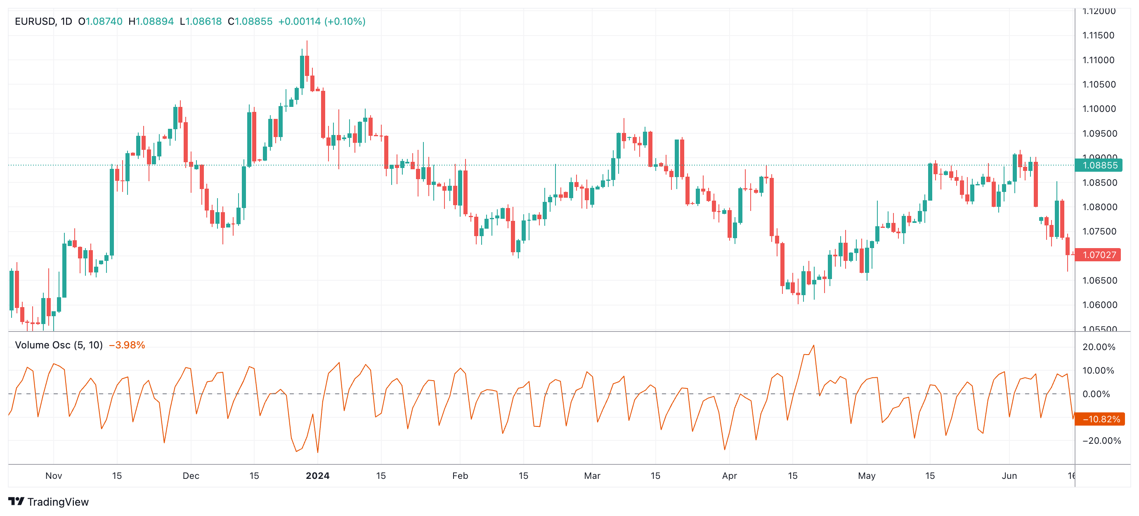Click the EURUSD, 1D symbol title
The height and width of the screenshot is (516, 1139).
43,21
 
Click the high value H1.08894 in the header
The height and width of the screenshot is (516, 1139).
151,21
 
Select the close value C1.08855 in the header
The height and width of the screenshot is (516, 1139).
250,21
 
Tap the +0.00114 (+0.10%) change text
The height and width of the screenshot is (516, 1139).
321,21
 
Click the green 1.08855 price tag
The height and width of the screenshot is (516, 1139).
1099,166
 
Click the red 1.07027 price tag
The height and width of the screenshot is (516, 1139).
1098,255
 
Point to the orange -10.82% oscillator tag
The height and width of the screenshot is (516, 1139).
1100,419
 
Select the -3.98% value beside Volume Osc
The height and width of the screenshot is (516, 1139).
127,345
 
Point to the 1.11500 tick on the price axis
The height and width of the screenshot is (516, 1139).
1098,36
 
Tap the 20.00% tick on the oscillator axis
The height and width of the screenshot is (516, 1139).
1098,347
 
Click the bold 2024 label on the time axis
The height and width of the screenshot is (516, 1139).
317,476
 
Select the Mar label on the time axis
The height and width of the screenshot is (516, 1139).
592,476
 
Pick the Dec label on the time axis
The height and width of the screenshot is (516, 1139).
191,476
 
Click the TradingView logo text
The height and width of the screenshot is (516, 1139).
57,502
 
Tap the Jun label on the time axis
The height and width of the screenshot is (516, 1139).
1009,476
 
